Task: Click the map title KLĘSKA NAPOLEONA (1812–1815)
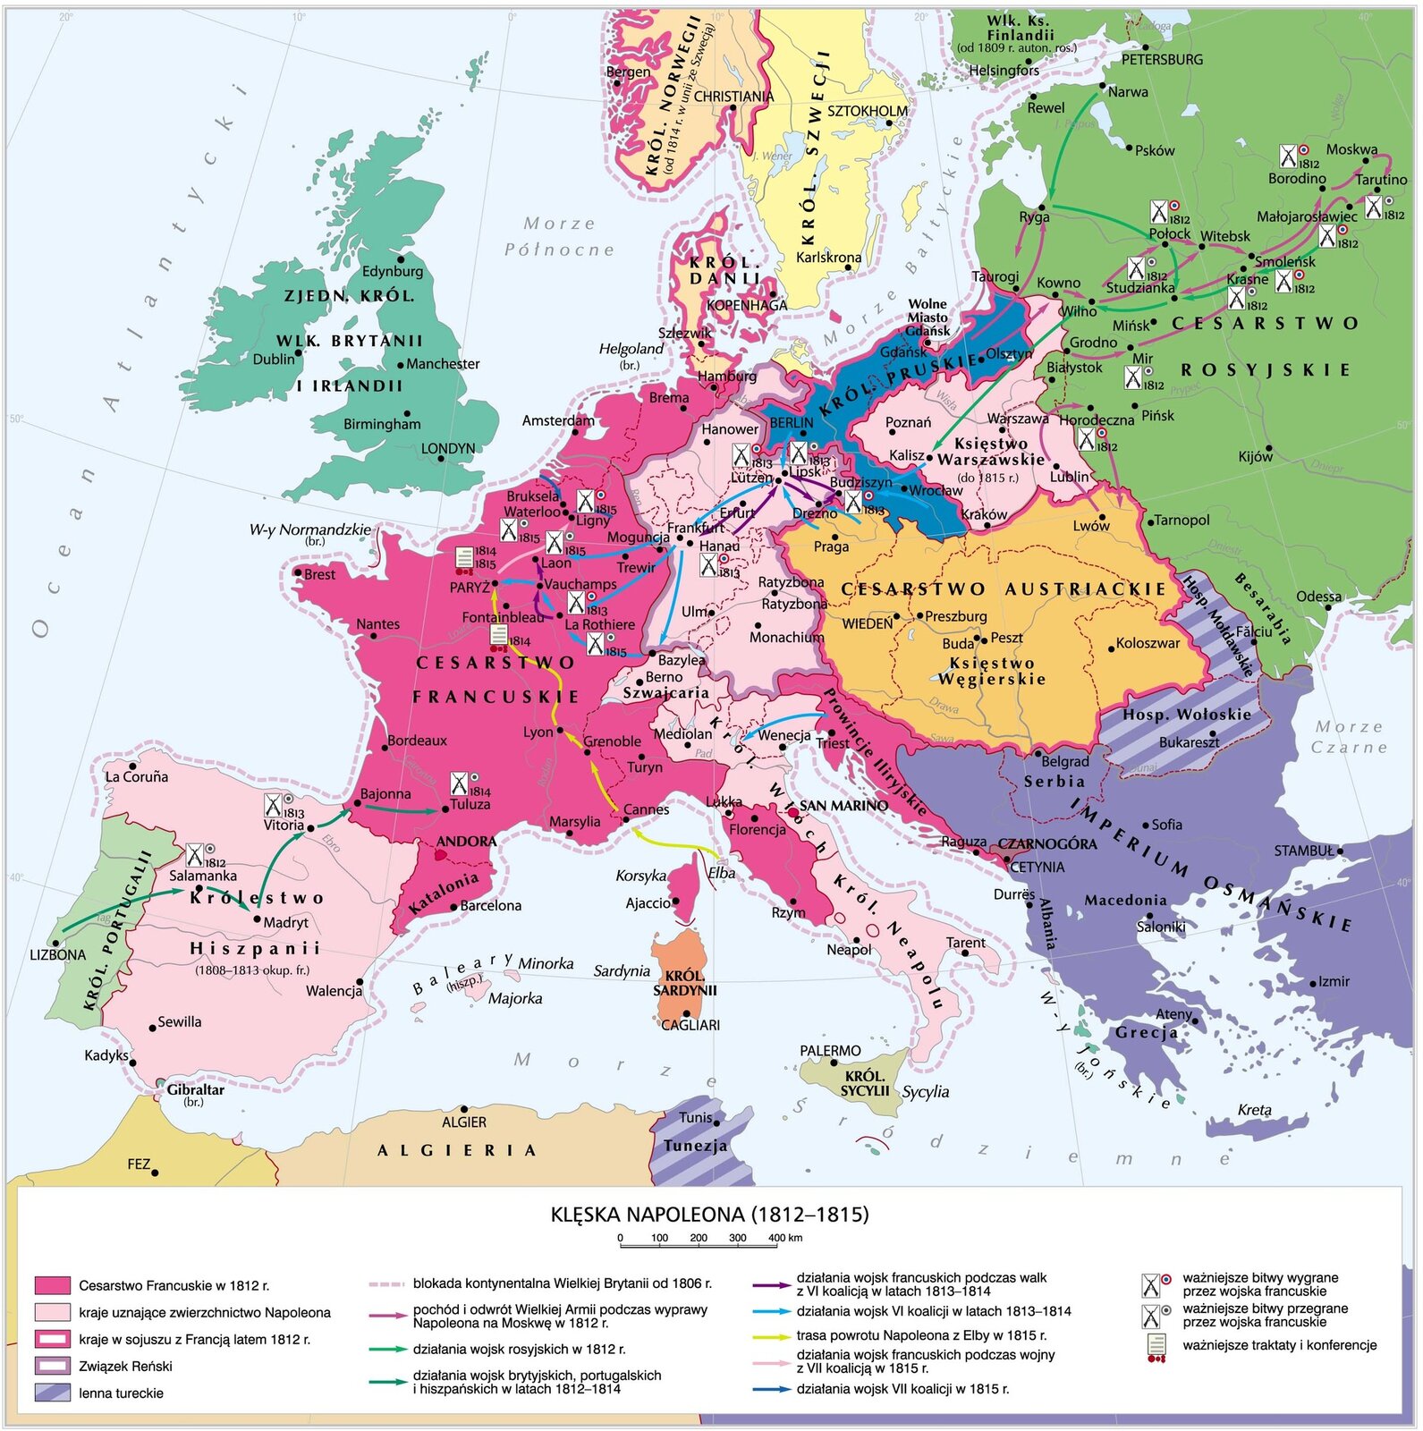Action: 709,1214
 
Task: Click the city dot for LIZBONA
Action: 56,942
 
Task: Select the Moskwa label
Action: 1351,149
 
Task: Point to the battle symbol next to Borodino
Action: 1288,157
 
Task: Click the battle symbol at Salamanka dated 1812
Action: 195,854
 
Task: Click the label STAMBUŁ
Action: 1303,851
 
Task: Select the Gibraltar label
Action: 196,1089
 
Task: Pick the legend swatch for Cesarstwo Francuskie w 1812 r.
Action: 52,1285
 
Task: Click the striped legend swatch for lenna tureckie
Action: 52,1392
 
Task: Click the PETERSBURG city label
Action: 1162,60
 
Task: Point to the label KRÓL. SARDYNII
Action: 684,983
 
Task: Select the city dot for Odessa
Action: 1328,606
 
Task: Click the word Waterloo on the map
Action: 530,512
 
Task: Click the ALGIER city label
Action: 464,1122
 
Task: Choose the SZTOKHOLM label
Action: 867,111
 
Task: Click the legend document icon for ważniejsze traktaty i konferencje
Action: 1157,1347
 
